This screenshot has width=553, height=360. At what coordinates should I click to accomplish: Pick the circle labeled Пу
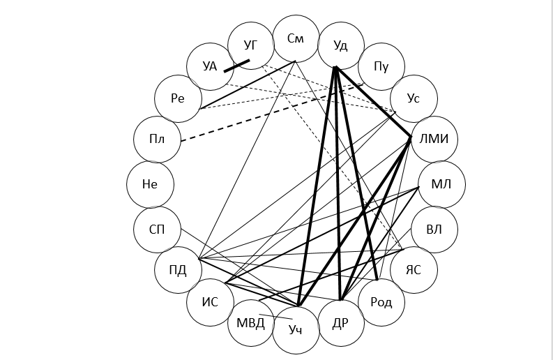tap(381, 67)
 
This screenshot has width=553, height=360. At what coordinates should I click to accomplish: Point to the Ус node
tap(414, 98)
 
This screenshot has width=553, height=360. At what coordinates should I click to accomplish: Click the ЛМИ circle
tap(434, 139)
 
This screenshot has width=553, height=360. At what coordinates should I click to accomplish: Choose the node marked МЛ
tap(441, 184)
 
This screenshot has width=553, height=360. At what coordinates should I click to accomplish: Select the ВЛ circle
tap(434, 229)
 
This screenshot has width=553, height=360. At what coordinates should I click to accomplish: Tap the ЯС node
tap(414, 270)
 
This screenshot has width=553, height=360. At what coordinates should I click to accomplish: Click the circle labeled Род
tap(381, 302)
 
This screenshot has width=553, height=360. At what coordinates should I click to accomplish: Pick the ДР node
tap(340, 322)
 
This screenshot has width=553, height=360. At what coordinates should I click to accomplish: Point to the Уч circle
tap(296, 329)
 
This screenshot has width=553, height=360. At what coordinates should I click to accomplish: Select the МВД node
tap(251, 322)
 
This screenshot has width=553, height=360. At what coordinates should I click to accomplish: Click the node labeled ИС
tap(210, 302)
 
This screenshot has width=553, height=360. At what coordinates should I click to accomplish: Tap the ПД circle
tap(178, 270)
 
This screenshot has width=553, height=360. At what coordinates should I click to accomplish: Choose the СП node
tap(157, 230)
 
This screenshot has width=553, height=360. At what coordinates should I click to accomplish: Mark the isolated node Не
tap(150, 184)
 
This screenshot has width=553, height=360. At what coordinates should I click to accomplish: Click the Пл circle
tap(157, 139)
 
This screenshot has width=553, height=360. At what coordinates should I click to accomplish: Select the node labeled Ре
tap(178, 98)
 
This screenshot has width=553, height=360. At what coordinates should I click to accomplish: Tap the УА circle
tap(210, 67)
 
